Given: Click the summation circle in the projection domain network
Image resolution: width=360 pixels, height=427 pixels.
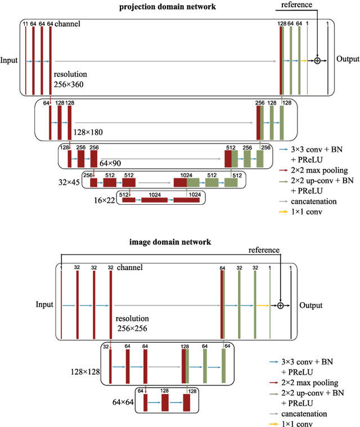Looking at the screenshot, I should (x=317, y=60).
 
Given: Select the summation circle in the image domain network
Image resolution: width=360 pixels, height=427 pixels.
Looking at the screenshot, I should (x=280, y=305).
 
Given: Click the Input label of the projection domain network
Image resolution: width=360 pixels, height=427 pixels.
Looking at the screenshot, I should (x=10, y=60).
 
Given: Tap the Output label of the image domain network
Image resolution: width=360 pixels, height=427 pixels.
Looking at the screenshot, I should (x=311, y=305).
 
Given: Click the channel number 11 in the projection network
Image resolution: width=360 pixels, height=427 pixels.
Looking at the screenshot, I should (x=25, y=24).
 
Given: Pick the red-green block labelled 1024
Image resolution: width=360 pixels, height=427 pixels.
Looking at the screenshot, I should (x=186, y=182).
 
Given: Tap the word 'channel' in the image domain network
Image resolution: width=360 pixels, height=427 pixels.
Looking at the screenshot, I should (x=130, y=267).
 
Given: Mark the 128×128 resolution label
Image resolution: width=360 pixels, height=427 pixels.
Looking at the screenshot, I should (x=85, y=371).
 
